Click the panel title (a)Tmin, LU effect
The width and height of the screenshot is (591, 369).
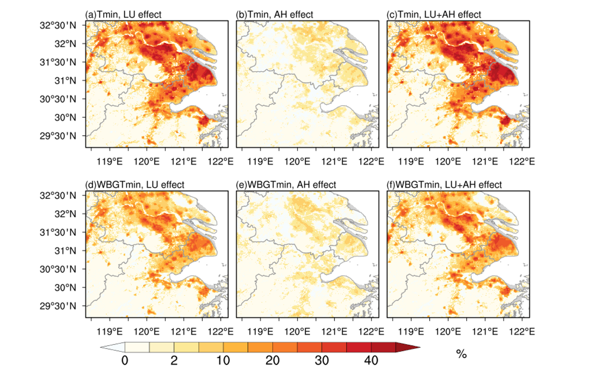click(x=123, y=14)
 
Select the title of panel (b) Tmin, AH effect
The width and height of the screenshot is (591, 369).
click(x=274, y=14)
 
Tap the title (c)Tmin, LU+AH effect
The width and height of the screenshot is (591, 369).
click(x=434, y=14)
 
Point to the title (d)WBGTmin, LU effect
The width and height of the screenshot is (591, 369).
click(x=135, y=184)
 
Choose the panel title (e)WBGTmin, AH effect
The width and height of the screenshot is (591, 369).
click(x=286, y=184)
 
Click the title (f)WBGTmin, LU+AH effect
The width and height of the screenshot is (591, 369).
click(x=444, y=184)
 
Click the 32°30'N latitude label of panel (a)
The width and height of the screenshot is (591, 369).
click(x=58, y=26)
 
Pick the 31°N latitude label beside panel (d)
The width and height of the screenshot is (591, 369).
click(x=65, y=251)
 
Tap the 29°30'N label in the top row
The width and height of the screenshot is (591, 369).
click(x=58, y=136)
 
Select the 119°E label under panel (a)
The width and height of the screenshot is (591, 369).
click(x=110, y=161)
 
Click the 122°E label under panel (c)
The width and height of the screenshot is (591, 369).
click(x=522, y=161)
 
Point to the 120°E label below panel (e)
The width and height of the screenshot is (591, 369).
click(x=297, y=332)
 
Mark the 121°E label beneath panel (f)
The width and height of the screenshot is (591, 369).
click(x=485, y=332)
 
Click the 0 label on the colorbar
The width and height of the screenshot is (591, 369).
click(x=125, y=360)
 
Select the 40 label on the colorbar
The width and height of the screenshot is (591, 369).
click(x=371, y=360)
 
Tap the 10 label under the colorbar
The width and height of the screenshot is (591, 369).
click(x=223, y=360)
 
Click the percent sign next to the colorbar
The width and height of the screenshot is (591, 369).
click(x=461, y=354)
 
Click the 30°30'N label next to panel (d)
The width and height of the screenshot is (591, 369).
click(x=58, y=269)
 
